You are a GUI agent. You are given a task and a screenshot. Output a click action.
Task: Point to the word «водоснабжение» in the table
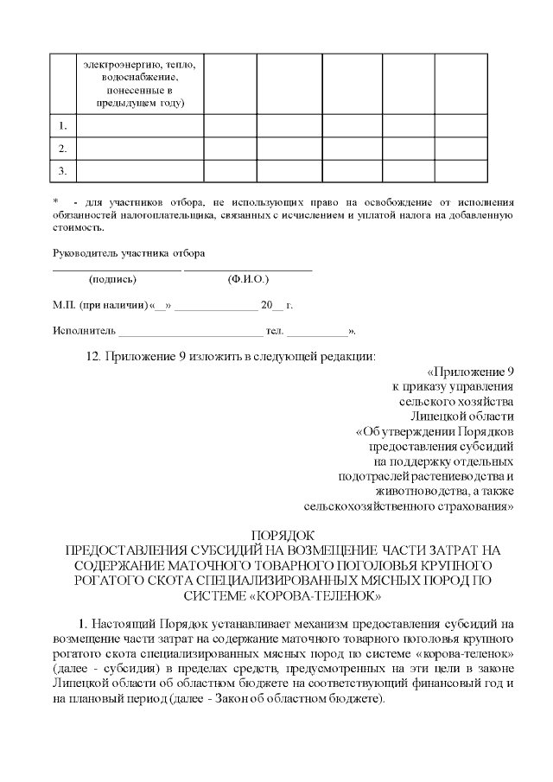point(139,77)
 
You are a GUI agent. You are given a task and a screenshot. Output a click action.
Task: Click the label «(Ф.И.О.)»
point(248,280)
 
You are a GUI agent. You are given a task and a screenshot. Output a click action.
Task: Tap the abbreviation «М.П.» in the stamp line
point(64,305)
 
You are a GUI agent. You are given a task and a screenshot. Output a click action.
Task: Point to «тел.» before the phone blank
point(275,330)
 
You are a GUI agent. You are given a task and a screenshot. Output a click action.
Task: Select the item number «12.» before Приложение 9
point(95,356)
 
